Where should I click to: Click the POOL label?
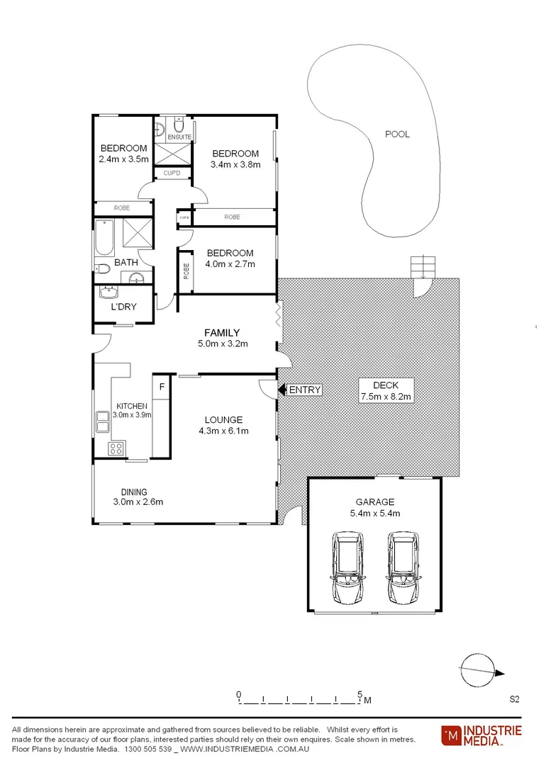pyautogui.click(x=397, y=134)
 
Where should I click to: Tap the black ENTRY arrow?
pyautogui.click(x=281, y=390)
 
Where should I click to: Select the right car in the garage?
pyautogui.click(x=401, y=569)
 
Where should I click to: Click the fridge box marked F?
pyautogui.click(x=162, y=387)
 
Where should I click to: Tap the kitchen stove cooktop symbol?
pyautogui.click(x=116, y=448)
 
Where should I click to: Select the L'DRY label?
pyautogui.click(x=123, y=307)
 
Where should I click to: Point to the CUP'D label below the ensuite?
pyautogui.click(x=172, y=173)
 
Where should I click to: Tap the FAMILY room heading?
pyautogui.click(x=222, y=332)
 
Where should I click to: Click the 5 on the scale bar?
pyautogui.click(x=360, y=693)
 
